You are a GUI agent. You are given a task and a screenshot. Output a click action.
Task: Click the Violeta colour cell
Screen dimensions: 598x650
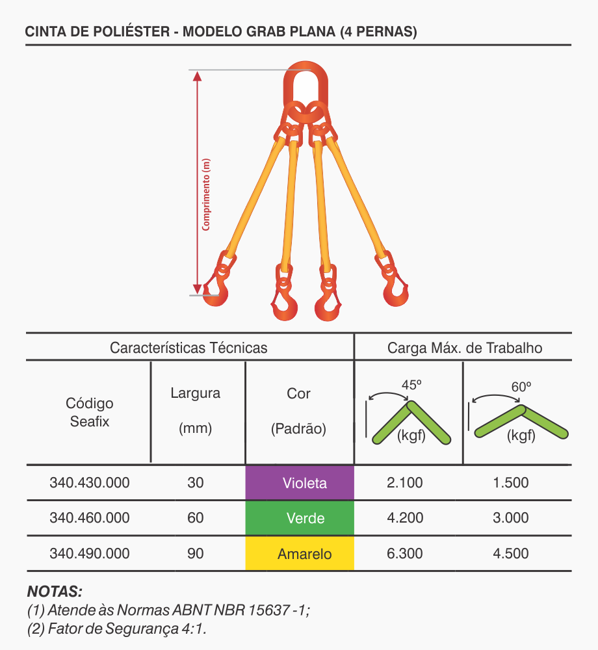pos(300,482)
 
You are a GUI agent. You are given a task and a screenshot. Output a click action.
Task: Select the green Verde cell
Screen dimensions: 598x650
pos(300,518)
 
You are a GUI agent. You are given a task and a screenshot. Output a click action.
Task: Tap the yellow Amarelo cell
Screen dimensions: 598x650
pos(300,553)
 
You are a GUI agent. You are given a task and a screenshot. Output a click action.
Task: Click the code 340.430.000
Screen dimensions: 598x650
pos(90,482)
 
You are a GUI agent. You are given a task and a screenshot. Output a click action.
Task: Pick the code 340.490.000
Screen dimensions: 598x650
pos(90,553)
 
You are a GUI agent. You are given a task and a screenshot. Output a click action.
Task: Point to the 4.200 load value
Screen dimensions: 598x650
pos(405,518)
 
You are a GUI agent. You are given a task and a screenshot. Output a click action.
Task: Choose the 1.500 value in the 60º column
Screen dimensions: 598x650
pos(510,482)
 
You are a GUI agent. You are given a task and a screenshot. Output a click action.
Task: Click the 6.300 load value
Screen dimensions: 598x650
pos(404,553)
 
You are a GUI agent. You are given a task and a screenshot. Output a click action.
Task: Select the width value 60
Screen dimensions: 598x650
pos(195,518)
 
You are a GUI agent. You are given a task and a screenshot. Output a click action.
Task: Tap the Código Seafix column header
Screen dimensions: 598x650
pos(90,413)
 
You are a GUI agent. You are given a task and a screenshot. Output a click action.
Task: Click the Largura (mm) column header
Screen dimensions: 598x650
pos(195,410)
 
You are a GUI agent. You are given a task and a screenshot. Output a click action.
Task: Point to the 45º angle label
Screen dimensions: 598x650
pos(411,385)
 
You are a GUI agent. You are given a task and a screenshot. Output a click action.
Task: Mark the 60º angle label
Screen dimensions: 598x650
pos(521,387)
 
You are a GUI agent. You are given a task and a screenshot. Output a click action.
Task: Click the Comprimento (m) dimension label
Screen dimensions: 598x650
pos(206,194)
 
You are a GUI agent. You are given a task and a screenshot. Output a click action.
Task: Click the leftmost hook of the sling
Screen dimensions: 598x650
pos(217,290)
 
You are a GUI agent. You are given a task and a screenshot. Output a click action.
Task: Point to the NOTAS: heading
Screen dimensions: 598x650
pos(55,591)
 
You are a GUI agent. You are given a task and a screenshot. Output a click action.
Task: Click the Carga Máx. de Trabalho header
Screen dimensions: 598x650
pos(465,348)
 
